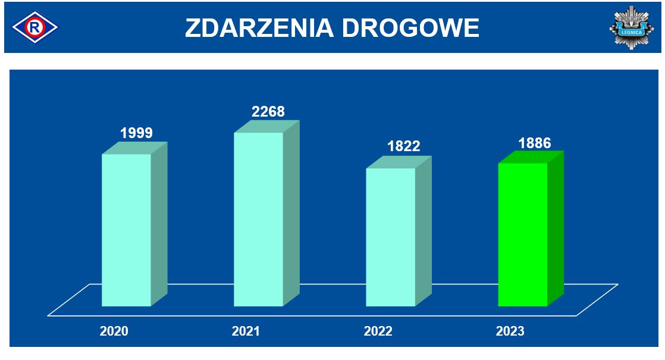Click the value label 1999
click(136, 133)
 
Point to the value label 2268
click(268, 111)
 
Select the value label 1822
click(404, 146)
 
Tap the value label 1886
click(535, 143)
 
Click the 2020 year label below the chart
click(114, 331)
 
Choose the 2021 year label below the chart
click(246, 331)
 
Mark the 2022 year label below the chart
click(378, 331)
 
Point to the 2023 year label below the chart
click(510, 331)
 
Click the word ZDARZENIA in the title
click(259, 28)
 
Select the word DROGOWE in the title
click(410, 28)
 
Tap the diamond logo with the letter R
click(34, 27)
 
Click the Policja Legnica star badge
click(632, 27)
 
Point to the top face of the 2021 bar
click(266, 126)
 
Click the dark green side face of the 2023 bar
click(556, 228)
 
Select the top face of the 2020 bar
click(134, 148)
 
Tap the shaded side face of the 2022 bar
click(424, 231)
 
